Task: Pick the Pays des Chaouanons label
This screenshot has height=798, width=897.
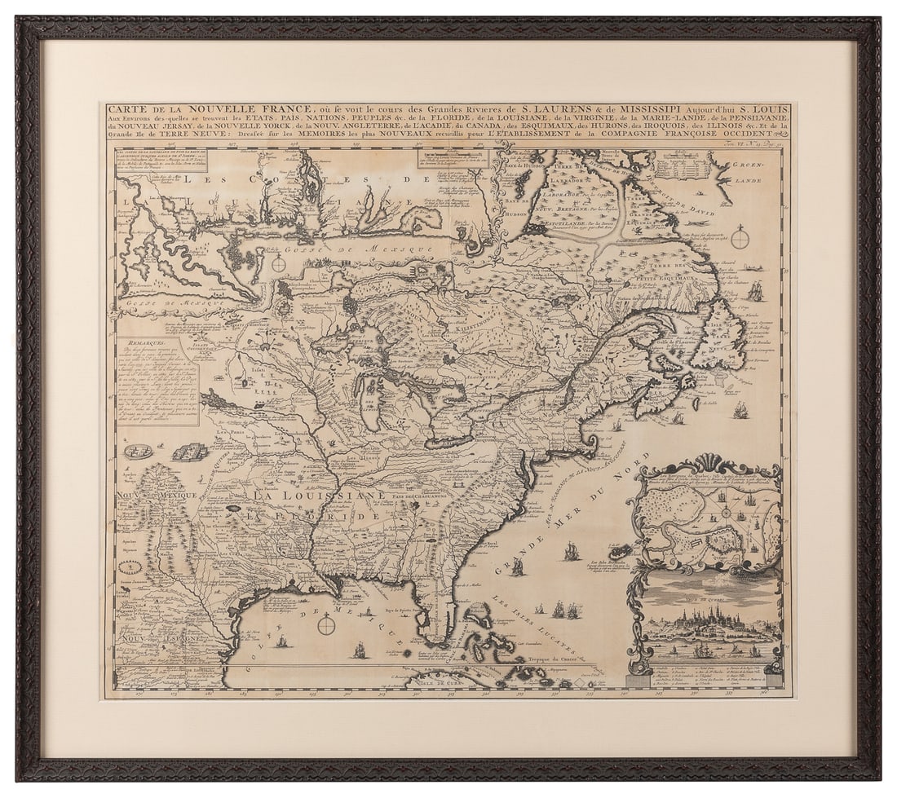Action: (422, 496)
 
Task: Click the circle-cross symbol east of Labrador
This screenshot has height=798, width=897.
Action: (740, 239)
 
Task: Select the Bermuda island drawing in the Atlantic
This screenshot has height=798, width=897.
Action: (620, 552)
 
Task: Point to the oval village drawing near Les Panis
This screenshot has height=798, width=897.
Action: (138, 451)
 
